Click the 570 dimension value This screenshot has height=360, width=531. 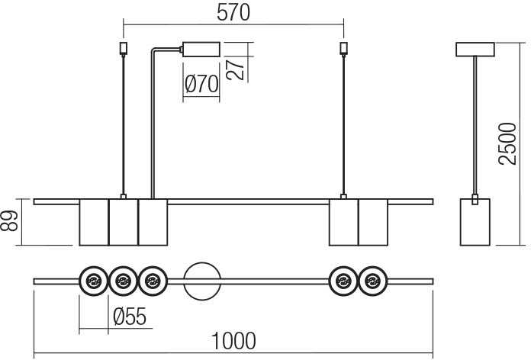coord(233,12)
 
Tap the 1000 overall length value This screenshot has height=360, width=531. coord(233,341)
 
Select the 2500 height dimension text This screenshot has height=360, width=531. coord(507,144)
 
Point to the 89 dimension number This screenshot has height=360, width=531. coord(9,221)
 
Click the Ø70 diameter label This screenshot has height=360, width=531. coord(201,84)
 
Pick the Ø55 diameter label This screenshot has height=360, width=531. coord(130,317)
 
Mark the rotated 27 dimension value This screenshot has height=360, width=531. coord(235,69)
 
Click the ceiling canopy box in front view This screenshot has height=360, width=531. coord(201,49)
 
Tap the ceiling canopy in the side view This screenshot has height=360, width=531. coord(475,50)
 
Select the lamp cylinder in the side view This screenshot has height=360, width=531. coord(475,222)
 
